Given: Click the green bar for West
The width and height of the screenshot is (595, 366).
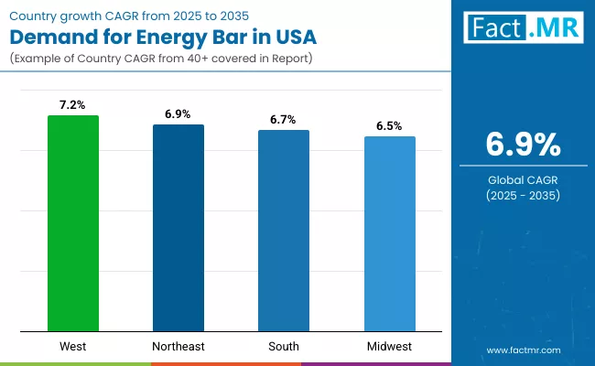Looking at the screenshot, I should [x=72, y=223].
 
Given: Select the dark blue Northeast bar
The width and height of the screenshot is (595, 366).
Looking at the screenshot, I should [x=178, y=228].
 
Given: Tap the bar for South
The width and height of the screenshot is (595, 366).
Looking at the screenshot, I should [x=284, y=231].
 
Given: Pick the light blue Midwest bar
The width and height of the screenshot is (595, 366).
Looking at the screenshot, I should [x=390, y=233].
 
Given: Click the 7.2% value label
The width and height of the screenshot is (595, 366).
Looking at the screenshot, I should [x=72, y=105].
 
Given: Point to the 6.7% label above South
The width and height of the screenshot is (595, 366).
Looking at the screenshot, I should [x=284, y=120].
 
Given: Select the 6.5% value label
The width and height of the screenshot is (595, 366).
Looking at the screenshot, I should [x=390, y=126].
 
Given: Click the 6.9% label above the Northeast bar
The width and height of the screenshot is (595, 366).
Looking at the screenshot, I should [x=178, y=114].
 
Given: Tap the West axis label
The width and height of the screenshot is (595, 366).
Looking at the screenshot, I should [x=72, y=347].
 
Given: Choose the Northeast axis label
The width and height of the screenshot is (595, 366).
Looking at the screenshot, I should [x=178, y=347].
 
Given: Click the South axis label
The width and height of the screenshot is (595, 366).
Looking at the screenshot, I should [x=284, y=347].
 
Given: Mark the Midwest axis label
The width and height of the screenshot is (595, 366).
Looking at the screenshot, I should [x=390, y=347].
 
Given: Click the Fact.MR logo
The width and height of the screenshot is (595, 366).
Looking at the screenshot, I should [x=524, y=27].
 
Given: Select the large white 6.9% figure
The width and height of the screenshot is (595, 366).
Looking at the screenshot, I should [x=523, y=145].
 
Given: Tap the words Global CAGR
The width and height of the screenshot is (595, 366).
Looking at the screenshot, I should [x=523, y=180].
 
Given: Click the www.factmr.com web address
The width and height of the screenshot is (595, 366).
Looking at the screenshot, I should [x=523, y=350].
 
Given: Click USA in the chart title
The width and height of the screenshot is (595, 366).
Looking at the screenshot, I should [x=296, y=38].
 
